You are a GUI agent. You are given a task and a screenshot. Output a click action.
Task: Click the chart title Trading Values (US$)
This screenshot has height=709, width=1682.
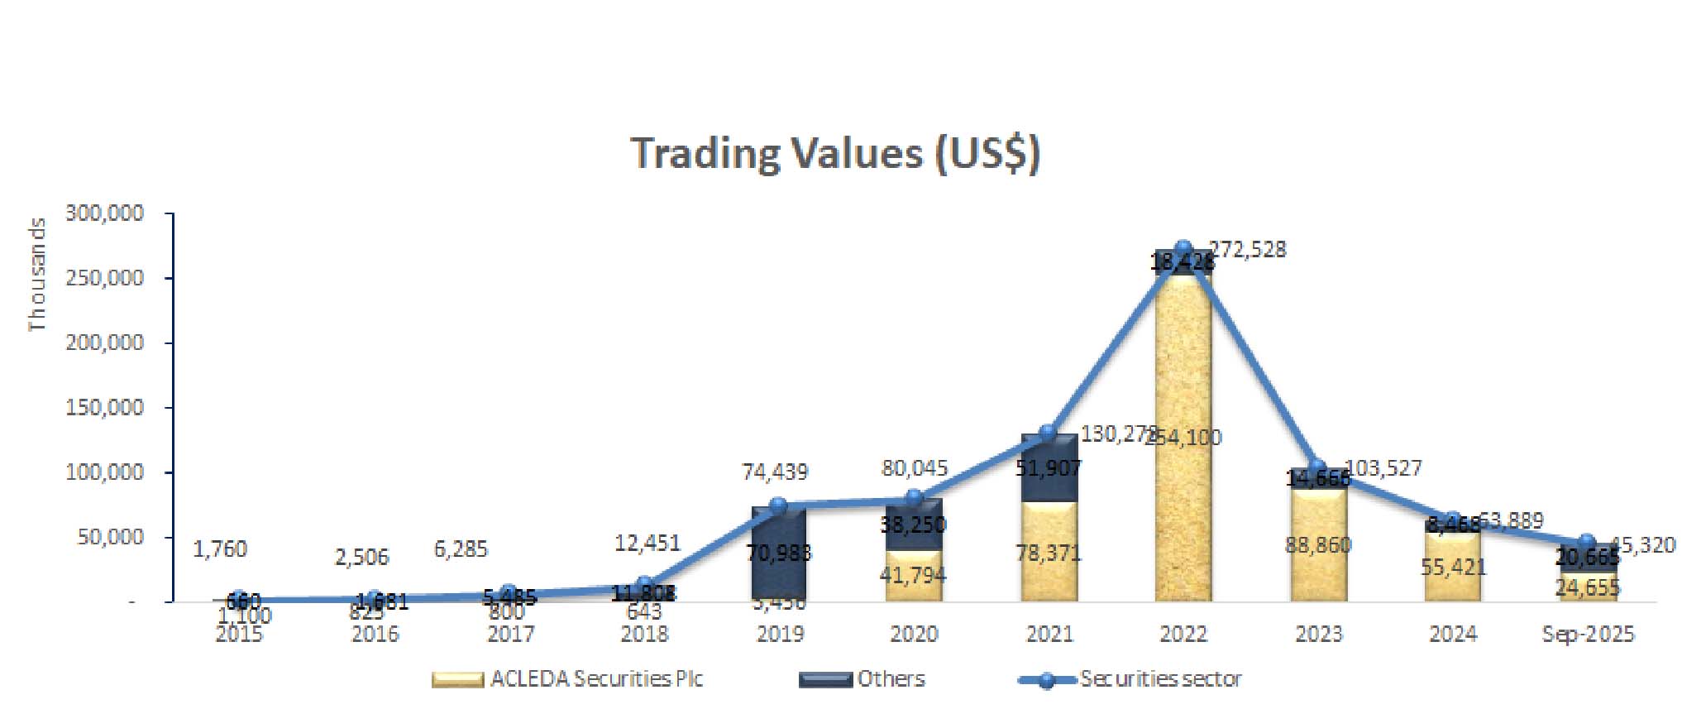pyautogui.click(x=835, y=154)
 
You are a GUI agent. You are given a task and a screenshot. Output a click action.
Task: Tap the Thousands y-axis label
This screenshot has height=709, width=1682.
pyautogui.click(x=37, y=275)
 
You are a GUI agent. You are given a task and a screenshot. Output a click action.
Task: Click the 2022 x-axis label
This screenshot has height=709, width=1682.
pyautogui.click(x=1183, y=635)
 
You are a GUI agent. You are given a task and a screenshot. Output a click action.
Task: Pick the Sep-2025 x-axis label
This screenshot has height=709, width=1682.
pyautogui.click(x=1588, y=635)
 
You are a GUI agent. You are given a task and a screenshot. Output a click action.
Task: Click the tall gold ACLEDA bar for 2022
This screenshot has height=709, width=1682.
pyautogui.click(x=1183, y=372)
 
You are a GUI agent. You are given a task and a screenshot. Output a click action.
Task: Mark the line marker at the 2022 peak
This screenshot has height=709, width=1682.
pyautogui.click(x=1183, y=248)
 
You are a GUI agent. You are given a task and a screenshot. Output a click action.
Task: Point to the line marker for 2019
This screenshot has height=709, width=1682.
pyautogui.click(x=778, y=505)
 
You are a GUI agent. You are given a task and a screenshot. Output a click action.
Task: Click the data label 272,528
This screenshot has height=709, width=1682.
pyautogui.click(x=1248, y=250)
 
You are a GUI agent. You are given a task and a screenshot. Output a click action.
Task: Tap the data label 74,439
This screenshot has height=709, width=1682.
pyautogui.click(x=775, y=472)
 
